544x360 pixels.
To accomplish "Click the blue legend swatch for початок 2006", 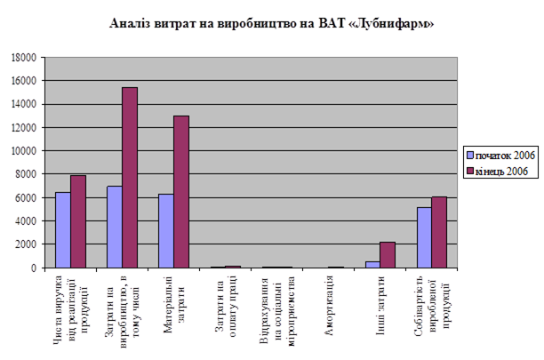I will point(468,154).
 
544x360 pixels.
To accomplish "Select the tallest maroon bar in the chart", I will point(129,177).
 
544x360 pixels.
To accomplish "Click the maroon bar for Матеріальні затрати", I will point(180,191).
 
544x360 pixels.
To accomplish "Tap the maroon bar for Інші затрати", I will point(387,254).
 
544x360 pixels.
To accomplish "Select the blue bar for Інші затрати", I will point(372,264).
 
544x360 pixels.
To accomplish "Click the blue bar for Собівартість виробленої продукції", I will point(423,236).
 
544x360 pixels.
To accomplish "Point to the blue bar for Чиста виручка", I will point(62,229).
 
